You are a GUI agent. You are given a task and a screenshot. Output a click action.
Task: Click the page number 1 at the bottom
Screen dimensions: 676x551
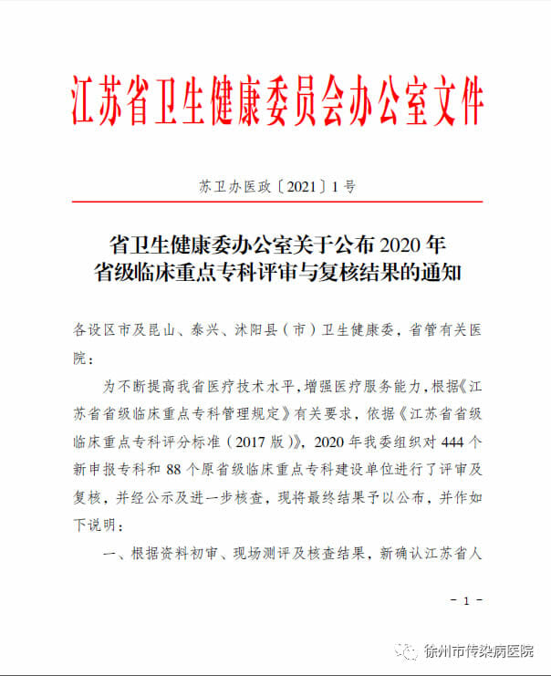[x=465, y=600]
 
